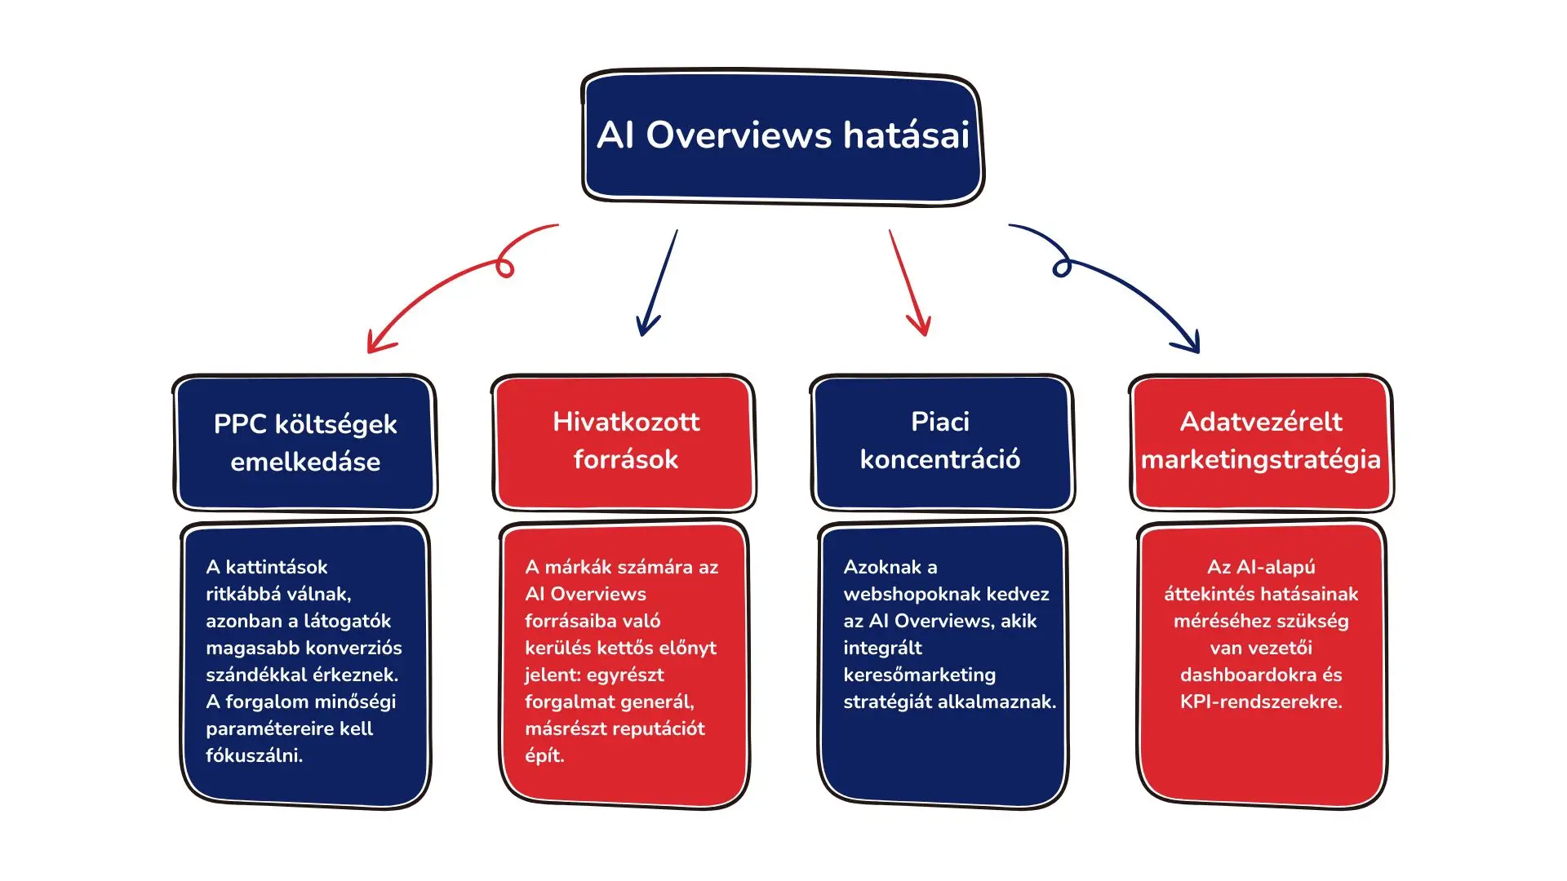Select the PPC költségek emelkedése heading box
click(304, 443)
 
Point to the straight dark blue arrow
click(658, 281)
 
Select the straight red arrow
click(908, 281)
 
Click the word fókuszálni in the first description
click(254, 755)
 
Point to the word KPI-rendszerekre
click(1260, 702)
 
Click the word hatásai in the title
click(906, 135)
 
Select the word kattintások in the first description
click(276, 567)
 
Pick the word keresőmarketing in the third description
click(919, 675)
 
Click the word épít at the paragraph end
click(544, 755)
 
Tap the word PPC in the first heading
click(240, 424)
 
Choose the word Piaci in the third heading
click(940, 422)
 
